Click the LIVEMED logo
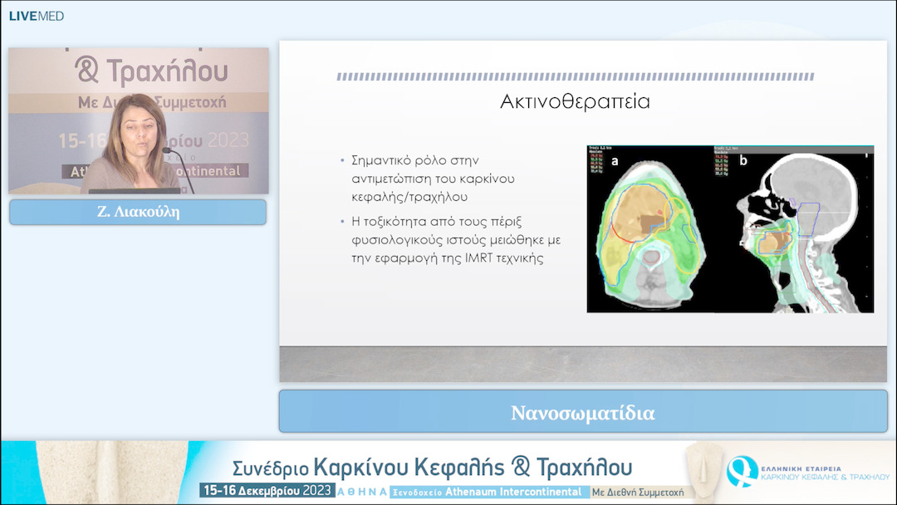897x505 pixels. coord(36,16)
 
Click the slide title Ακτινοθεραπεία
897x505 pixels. coord(575,102)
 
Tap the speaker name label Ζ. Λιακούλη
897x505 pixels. coord(138,212)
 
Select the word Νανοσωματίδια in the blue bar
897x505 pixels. coord(582,413)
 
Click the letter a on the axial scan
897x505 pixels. coord(615,162)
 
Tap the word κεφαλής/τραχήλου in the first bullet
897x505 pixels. coord(399,199)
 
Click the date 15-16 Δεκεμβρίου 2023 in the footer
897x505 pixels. coord(266,491)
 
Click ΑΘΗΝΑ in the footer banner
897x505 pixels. coord(361,492)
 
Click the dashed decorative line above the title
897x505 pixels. coord(575,76)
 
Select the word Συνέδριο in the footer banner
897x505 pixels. coord(271,467)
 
